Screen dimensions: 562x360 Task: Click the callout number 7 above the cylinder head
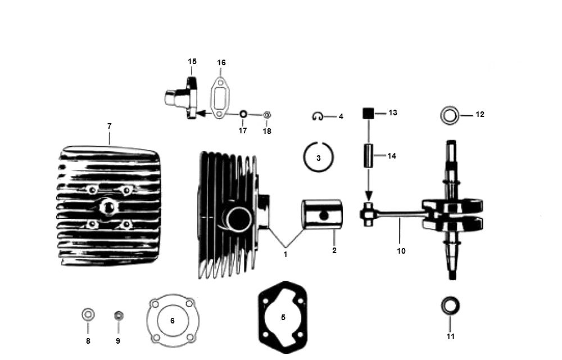(x=110, y=126)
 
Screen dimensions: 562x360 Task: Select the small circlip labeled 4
(x=318, y=116)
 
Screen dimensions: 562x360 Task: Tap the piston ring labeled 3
(x=318, y=157)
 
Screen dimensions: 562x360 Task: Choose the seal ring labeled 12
(x=450, y=115)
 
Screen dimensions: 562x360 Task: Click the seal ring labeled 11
(x=450, y=306)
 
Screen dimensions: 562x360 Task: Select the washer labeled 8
(x=88, y=315)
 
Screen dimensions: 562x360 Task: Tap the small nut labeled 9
(x=118, y=316)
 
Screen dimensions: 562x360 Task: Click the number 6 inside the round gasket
(x=173, y=321)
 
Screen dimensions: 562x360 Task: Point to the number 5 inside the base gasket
(x=283, y=317)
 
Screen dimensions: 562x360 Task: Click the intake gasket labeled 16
(x=219, y=97)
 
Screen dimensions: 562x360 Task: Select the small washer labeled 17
(x=243, y=114)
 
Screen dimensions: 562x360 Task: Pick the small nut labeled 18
(x=266, y=115)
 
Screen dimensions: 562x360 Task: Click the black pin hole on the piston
(x=324, y=215)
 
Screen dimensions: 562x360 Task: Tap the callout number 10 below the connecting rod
(x=401, y=251)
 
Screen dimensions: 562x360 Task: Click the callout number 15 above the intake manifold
(x=192, y=61)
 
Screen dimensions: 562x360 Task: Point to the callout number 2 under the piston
(x=334, y=250)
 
